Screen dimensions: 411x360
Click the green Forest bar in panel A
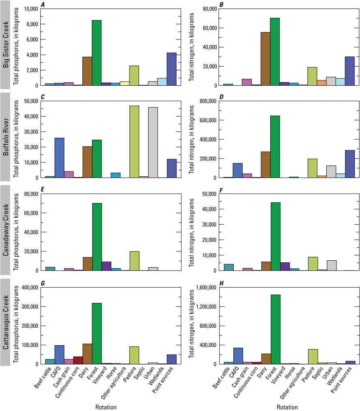point(97,53)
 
